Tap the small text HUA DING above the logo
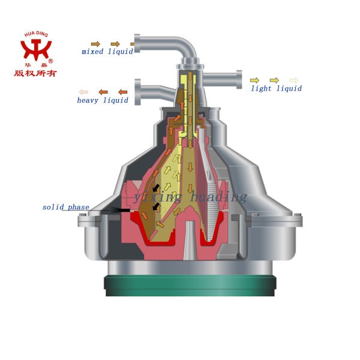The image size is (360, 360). click(x=36, y=34)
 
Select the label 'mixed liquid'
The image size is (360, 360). click(x=107, y=52)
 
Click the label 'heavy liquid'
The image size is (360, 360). click(x=102, y=100)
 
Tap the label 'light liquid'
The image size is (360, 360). click(x=276, y=88)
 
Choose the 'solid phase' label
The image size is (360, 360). click(x=65, y=208)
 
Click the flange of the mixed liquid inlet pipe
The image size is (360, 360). click(x=137, y=43)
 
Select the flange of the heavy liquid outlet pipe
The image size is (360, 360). click(x=137, y=91)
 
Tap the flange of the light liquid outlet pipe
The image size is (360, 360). click(x=239, y=80)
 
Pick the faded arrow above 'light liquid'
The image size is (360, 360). click(x=293, y=80)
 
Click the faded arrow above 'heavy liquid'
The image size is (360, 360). click(x=83, y=92)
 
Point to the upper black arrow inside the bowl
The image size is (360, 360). click(x=156, y=188)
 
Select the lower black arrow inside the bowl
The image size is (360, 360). click(x=156, y=206)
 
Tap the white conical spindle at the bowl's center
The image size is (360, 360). click(x=189, y=240)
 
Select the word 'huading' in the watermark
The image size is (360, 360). click(x=218, y=197)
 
